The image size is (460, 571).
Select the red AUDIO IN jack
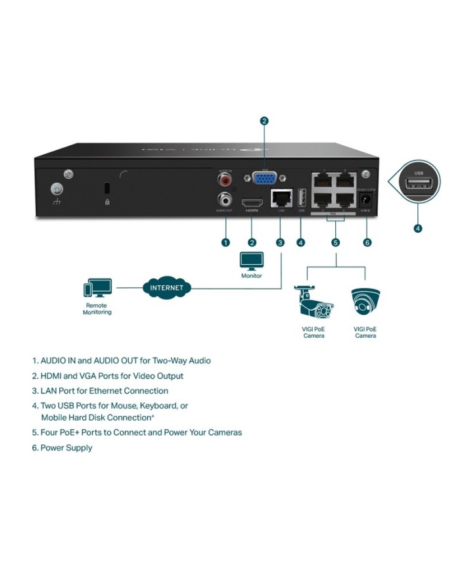pos(227,178)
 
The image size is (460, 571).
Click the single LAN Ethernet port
pos(281,198)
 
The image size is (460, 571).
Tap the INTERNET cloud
pos(167,288)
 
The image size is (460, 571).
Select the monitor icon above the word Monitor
pos(252,262)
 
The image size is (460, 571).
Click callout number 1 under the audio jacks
pos(225,242)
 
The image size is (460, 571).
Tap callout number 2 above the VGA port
pos(264,121)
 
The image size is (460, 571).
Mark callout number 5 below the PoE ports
pos(335,242)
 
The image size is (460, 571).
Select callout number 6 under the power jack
pos(367,242)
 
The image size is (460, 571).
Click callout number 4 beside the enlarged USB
pos(418,229)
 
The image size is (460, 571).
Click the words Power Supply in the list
pos(66,448)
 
